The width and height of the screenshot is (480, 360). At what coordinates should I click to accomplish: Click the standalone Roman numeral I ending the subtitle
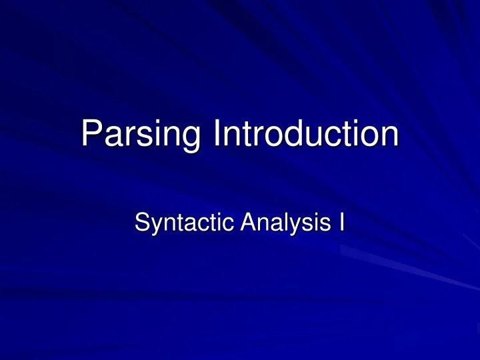click(341, 221)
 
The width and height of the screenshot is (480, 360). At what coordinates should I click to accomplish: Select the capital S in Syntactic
click(141, 221)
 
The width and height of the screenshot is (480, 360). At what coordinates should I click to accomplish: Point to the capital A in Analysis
click(237, 221)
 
